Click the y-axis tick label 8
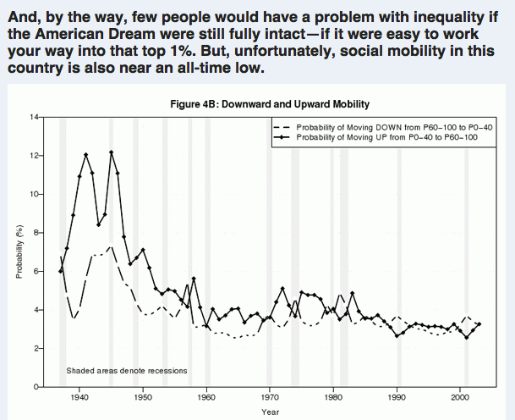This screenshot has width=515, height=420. point(35,232)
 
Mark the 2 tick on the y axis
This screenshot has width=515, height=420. point(35,348)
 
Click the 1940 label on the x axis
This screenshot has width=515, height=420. point(79,395)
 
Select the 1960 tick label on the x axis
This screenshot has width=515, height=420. point(206,395)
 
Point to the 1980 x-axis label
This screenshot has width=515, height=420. point(333,395)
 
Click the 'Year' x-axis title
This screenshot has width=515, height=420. point(270,412)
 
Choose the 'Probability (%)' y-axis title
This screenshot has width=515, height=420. point(18,251)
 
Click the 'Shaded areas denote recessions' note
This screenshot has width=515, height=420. point(126,371)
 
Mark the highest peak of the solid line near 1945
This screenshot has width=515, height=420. point(112,152)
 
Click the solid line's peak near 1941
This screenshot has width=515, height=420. point(85,154)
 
